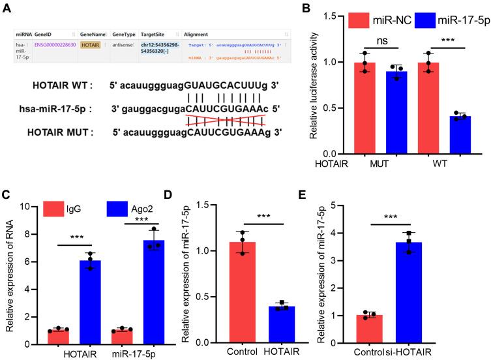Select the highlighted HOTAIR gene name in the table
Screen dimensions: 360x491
click(x=92, y=45)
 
